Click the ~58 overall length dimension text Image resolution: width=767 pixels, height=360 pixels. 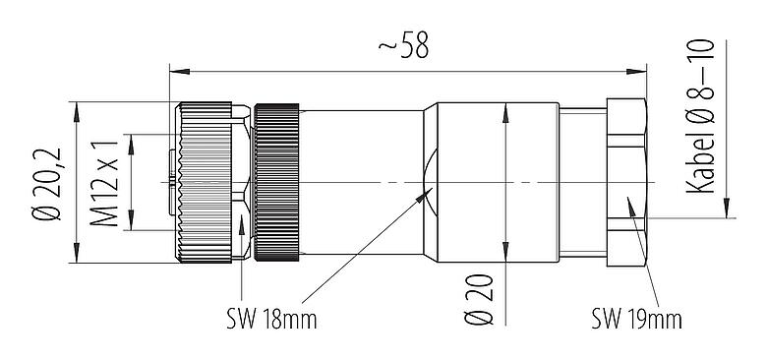tap(403, 46)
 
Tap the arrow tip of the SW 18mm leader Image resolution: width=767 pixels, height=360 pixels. tap(428, 193)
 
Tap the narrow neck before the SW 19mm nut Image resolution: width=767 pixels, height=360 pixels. tap(583, 182)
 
